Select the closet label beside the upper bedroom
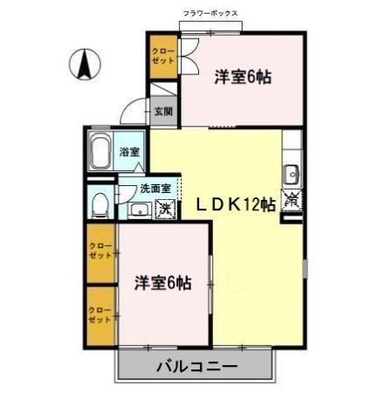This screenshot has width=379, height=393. tap(162, 59)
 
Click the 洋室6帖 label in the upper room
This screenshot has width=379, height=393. tap(243, 77)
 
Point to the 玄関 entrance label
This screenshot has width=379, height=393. tap(163, 111)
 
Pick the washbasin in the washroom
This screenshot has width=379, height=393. tap(137, 210)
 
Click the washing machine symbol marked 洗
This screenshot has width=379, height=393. tap(163, 210)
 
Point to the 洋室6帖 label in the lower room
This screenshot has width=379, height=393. tap(163, 282)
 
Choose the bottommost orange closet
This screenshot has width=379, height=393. tap(100, 315)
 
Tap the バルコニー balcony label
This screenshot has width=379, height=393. tap(197, 366)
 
